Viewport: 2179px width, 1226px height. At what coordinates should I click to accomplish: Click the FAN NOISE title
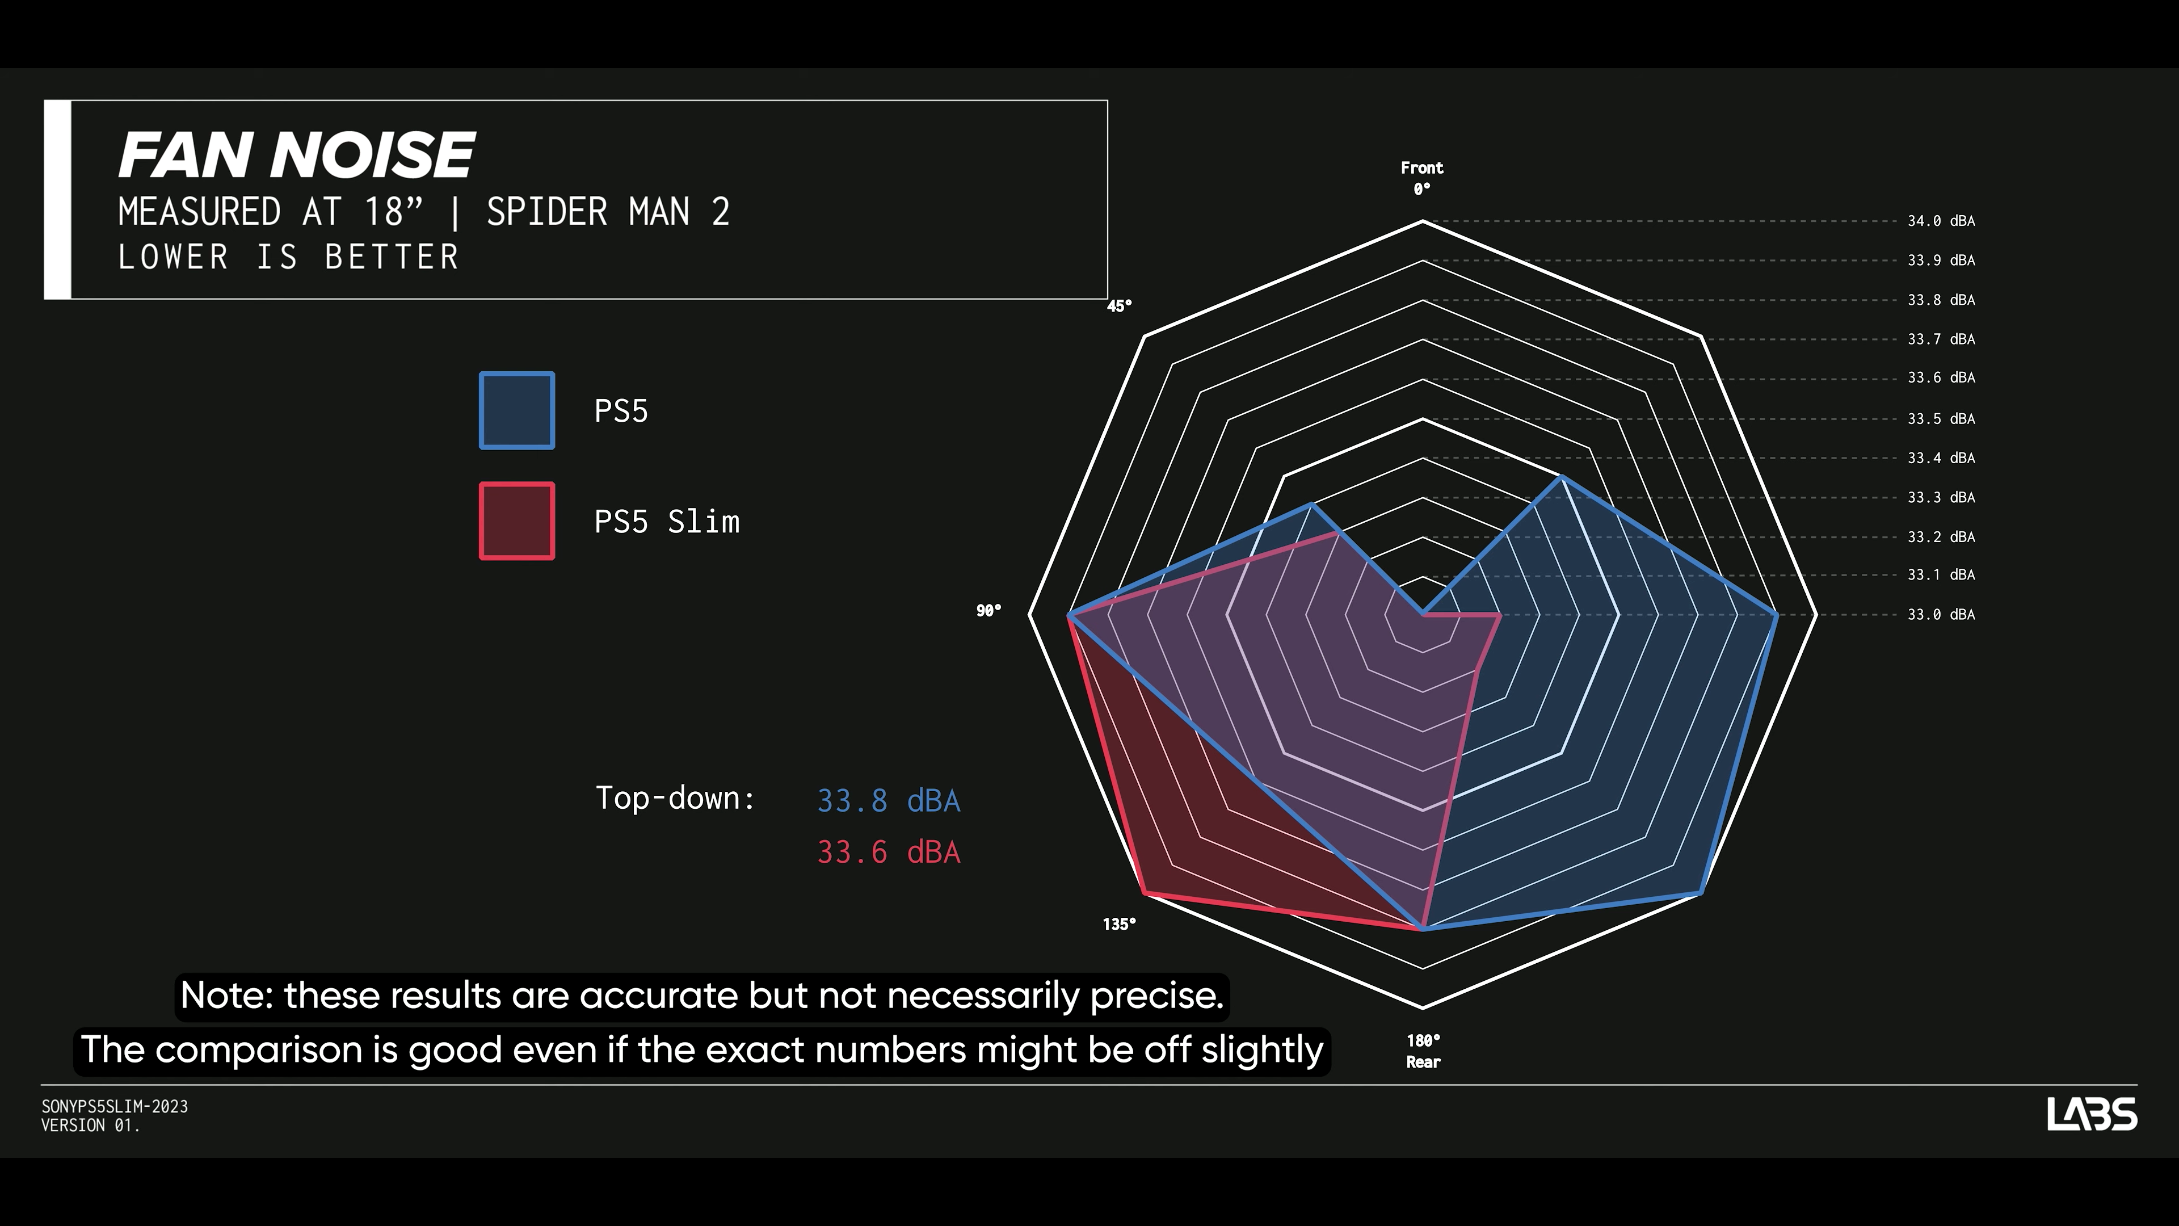click(296, 155)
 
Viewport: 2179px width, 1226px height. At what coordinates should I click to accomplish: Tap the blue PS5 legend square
click(517, 410)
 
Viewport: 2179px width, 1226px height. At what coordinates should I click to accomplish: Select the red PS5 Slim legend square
click(517, 521)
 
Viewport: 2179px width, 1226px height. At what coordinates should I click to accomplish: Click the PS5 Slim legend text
click(667, 521)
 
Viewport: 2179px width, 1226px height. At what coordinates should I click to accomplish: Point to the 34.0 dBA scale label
click(1941, 221)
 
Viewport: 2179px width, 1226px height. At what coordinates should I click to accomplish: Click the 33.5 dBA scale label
click(1941, 419)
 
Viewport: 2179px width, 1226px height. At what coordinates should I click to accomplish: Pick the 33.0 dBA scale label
click(1941, 614)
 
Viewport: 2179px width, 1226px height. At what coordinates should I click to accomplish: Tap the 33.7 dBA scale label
click(1941, 339)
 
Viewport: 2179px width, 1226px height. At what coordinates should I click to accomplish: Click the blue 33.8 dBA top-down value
click(888, 800)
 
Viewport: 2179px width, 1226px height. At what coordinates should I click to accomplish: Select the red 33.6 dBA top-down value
click(888, 852)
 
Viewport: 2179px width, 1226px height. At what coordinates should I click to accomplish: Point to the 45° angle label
click(1119, 305)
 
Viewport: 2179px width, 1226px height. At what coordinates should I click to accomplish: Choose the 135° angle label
click(1119, 924)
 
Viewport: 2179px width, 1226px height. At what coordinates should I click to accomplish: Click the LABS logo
click(2092, 1114)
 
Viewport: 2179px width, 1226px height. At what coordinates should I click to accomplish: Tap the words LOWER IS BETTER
click(288, 257)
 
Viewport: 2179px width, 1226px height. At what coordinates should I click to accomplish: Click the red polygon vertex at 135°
click(1145, 893)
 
